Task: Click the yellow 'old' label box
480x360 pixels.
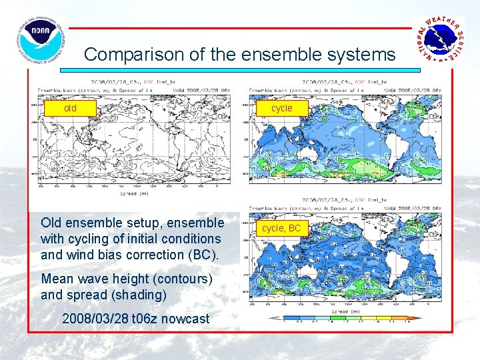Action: pyautogui.click(x=70, y=108)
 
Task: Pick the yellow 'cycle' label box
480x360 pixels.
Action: pyautogui.click(x=281, y=108)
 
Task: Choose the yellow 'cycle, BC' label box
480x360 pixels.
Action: pyautogui.click(x=281, y=228)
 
